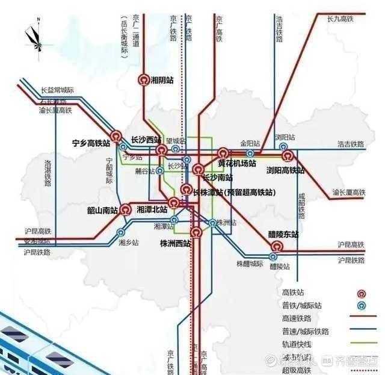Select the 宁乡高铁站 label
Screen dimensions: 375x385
91,144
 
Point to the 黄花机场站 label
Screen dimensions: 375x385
237,163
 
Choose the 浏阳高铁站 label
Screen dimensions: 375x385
285,170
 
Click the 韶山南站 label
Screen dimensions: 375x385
102,210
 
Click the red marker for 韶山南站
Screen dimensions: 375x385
125,209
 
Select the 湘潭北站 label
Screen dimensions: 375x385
152,209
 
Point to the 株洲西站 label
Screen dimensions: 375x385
175,244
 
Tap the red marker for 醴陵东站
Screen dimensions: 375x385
277,246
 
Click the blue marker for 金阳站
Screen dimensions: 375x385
250,153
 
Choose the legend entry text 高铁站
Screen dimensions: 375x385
293,293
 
